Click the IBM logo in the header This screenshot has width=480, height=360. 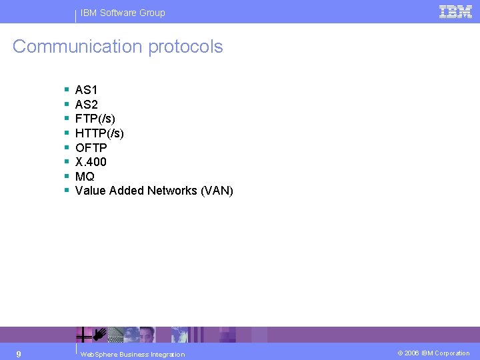(x=455, y=11)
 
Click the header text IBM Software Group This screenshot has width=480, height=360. (x=123, y=13)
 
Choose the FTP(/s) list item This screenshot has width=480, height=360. (x=95, y=119)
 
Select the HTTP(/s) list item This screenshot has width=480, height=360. (x=99, y=133)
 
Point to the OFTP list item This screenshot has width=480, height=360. (x=91, y=147)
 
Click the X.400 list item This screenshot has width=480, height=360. (x=91, y=162)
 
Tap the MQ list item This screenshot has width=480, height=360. (x=85, y=177)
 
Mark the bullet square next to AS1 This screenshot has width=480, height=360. (x=67, y=89)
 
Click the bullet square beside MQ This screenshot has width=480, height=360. (x=67, y=176)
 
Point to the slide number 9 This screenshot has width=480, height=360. (x=19, y=353)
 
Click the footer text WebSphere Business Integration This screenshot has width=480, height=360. (x=132, y=354)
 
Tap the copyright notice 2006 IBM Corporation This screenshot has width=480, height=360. (x=433, y=353)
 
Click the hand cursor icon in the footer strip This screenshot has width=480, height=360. (x=99, y=333)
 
